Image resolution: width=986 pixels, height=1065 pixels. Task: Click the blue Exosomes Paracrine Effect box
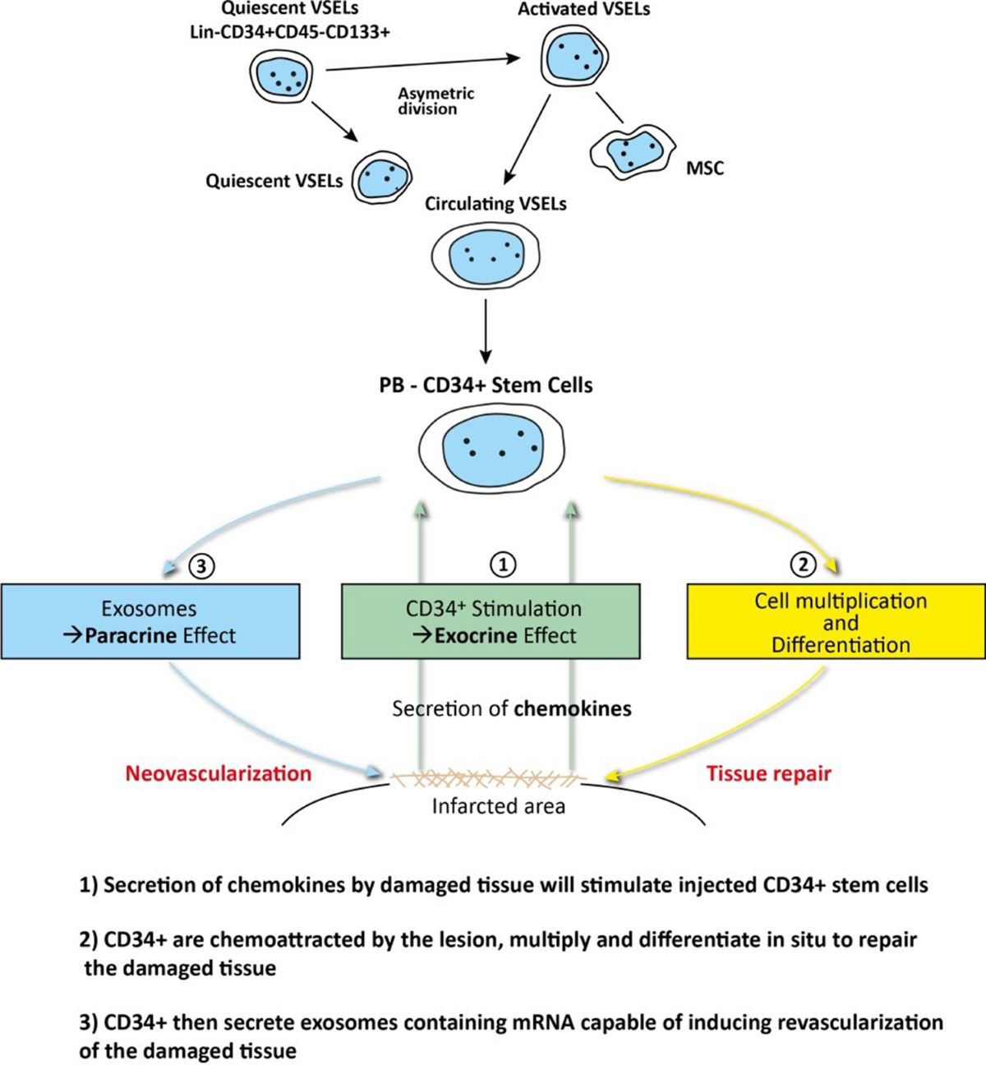click(150, 621)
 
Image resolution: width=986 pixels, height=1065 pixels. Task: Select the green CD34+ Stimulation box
click(491, 621)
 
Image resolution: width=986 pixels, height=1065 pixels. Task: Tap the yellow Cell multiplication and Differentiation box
click(836, 621)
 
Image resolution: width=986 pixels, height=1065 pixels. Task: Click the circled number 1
click(502, 565)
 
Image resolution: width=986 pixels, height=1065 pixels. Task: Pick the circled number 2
click(803, 565)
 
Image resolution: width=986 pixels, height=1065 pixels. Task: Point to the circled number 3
click(201, 566)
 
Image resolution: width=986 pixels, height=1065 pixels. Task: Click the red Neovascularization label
click(219, 773)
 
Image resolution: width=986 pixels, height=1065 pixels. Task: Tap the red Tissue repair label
click(769, 773)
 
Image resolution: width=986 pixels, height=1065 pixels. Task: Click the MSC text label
click(704, 168)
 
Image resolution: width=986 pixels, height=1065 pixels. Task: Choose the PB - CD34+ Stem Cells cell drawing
click(491, 448)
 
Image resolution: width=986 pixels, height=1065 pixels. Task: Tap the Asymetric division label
click(435, 101)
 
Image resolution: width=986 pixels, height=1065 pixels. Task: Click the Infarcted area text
click(498, 806)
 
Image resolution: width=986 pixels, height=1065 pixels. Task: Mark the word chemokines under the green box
click(574, 708)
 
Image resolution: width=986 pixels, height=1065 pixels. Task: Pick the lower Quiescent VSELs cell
click(381, 177)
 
